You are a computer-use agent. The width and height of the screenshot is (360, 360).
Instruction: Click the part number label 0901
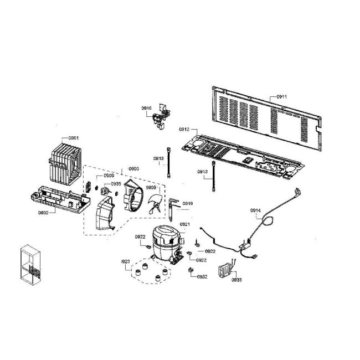74,138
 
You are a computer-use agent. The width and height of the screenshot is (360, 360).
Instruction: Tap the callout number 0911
281,96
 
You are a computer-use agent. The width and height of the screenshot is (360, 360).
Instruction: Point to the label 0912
184,129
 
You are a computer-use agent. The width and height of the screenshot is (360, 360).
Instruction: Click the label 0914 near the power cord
255,210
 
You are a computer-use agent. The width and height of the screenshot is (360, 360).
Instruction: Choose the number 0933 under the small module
236,280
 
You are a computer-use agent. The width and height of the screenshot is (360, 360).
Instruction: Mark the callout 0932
202,276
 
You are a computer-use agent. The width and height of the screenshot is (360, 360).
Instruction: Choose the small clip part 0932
191,270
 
